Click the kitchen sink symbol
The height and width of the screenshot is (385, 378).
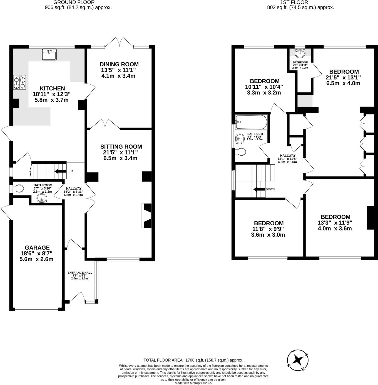(49, 54)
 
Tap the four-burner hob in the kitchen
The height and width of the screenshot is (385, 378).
(19, 82)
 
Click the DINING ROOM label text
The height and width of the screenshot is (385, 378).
(119, 64)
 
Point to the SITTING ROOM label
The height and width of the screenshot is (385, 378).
(121, 147)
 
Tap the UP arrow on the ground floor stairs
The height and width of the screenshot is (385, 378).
(60, 171)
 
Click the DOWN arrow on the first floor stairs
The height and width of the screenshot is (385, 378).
(259, 189)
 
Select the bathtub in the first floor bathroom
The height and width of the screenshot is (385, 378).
(251, 122)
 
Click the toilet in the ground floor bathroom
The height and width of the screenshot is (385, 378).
(18, 189)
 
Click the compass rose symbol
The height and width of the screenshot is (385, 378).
(298, 360)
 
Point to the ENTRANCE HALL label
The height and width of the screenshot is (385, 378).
(80, 273)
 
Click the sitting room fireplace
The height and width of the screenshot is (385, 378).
(147, 216)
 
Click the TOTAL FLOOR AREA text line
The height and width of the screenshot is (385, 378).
(193, 360)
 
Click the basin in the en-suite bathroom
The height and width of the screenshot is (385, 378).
(299, 53)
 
